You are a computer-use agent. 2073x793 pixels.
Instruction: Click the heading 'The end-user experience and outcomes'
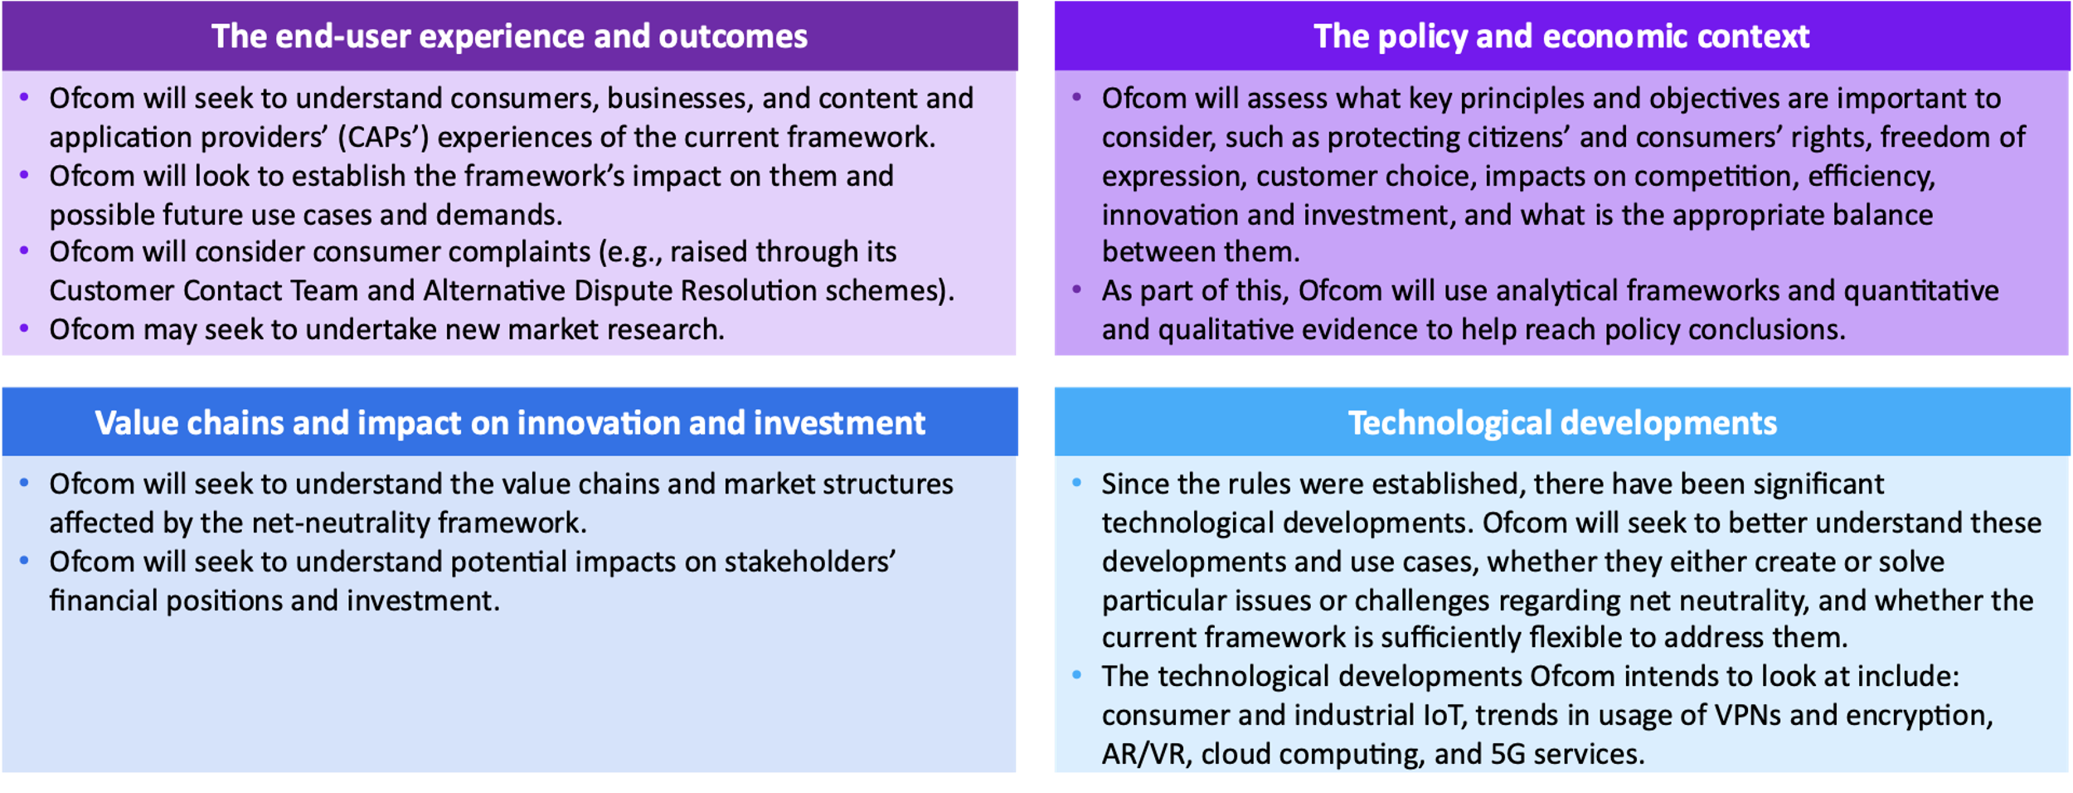click(x=509, y=36)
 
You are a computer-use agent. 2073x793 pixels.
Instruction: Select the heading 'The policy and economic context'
click(x=1561, y=36)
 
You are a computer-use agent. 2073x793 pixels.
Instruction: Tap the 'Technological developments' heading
click(x=1562, y=423)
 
